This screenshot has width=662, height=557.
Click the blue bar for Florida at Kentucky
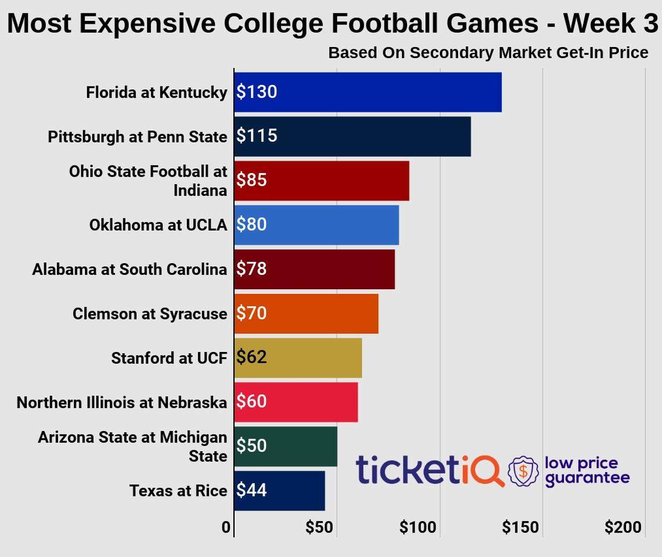click(x=368, y=92)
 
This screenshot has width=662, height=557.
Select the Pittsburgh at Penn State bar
click(x=352, y=136)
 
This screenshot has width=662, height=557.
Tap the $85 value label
click(x=251, y=180)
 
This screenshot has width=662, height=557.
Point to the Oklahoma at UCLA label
click(x=158, y=225)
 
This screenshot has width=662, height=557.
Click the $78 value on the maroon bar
click(x=251, y=269)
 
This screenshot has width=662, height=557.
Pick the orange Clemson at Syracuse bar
click(x=306, y=314)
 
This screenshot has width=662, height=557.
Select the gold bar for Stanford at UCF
click(x=298, y=357)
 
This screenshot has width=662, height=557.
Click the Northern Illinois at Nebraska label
click(x=121, y=402)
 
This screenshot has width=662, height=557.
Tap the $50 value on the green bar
click(x=251, y=446)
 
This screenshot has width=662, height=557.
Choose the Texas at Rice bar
click(x=279, y=490)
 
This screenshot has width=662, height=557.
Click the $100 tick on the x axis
click(x=418, y=527)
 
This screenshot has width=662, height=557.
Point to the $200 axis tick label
click(x=623, y=527)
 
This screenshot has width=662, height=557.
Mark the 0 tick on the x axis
click(x=226, y=527)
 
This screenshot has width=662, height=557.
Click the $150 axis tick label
click(x=520, y=527)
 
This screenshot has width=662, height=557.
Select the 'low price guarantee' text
click(x=587, y=470)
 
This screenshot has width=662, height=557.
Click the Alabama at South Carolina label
click(x=129, y=269)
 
